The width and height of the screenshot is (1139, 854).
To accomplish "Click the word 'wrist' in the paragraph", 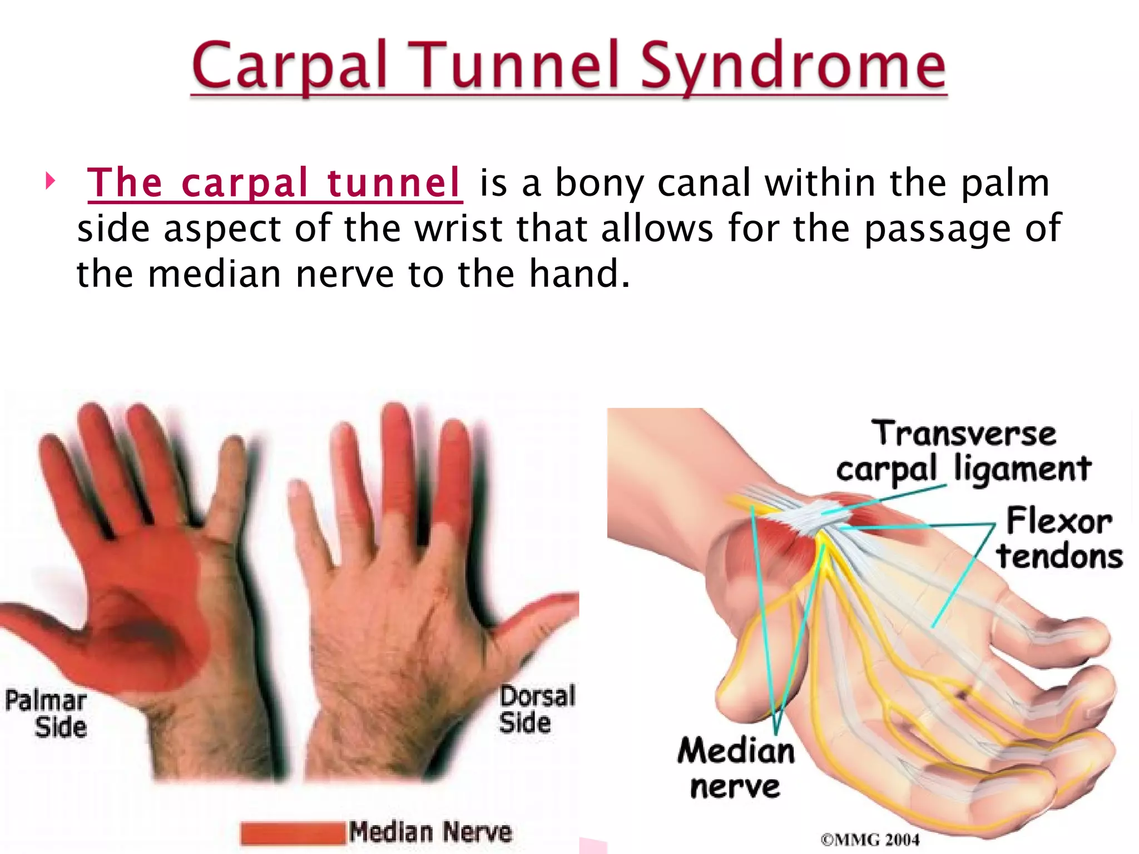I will [459, 229].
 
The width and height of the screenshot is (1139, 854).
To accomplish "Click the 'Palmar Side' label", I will [47, 713].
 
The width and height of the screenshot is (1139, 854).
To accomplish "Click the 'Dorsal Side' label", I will [535, 709].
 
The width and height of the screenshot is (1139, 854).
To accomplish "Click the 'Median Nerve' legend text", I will [430, 832].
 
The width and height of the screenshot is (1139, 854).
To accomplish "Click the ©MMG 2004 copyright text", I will [870, 840].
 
